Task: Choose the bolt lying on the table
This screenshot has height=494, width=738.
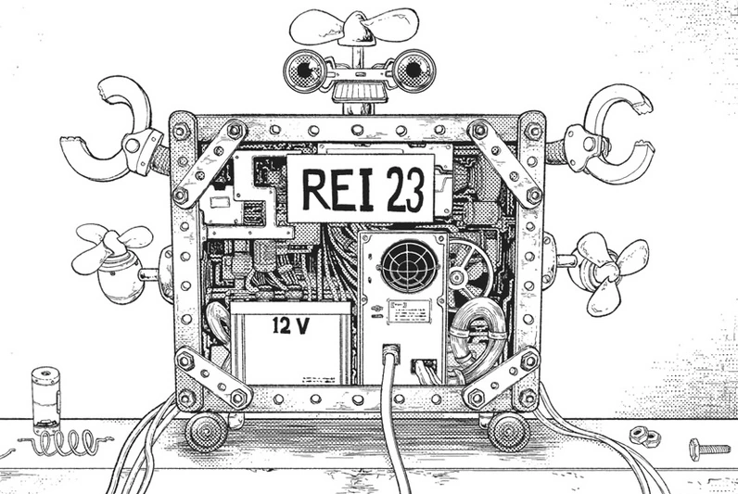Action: (708, 450)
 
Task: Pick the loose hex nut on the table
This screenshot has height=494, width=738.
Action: (641, 435)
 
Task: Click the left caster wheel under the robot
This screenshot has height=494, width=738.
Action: (206, 430)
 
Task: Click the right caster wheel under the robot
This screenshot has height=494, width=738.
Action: (508, 430)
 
